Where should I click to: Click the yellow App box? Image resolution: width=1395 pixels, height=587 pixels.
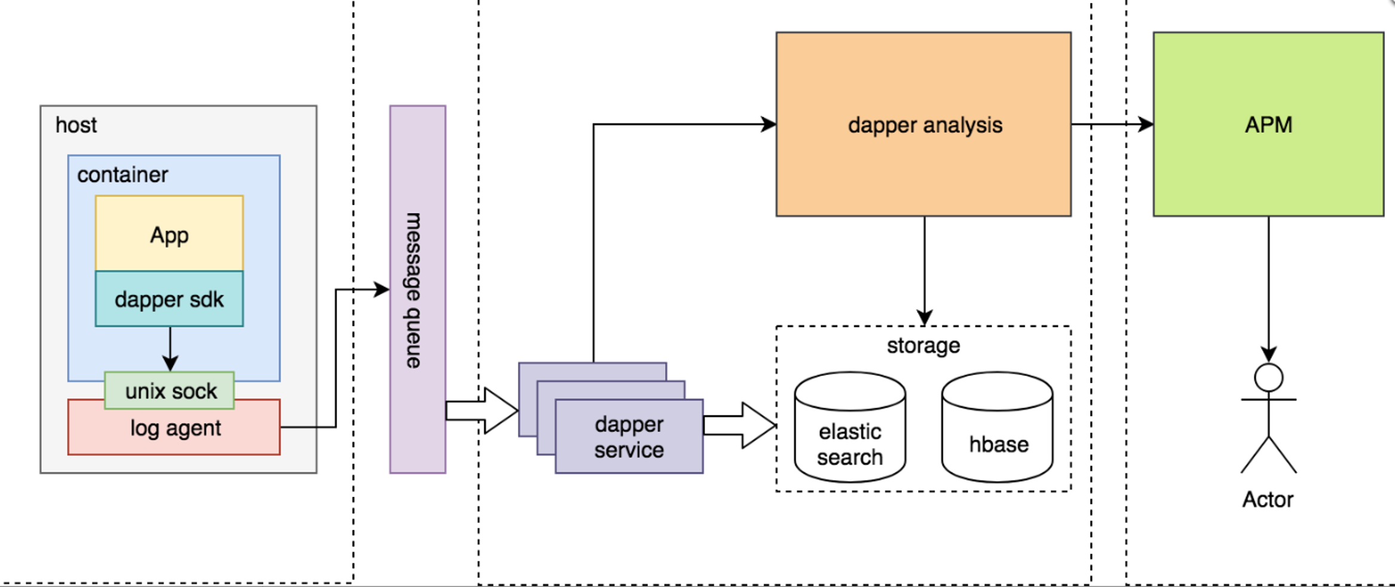169,234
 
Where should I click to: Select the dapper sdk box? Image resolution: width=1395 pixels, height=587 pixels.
169,299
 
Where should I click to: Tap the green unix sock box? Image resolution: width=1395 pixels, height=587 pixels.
170,391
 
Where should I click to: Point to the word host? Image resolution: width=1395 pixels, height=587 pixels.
76,125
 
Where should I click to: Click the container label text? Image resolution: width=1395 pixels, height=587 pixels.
123,175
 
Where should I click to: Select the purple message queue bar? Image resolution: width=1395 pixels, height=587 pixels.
417,289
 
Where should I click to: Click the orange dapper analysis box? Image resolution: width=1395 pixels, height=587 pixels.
923,124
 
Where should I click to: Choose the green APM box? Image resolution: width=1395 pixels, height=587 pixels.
1268,124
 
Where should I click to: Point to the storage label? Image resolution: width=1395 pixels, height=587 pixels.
923,346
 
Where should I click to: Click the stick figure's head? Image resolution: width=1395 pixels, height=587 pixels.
1268,377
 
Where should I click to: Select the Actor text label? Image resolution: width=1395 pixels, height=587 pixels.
1268,499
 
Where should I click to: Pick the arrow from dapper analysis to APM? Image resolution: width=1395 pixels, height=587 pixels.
1112,124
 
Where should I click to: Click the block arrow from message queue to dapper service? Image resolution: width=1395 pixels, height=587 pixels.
481,411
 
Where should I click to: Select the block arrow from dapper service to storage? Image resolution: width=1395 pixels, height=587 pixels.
739,425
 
